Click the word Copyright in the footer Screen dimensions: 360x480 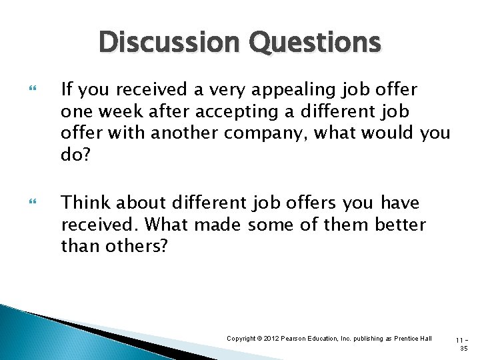click(x=242, y=339)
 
